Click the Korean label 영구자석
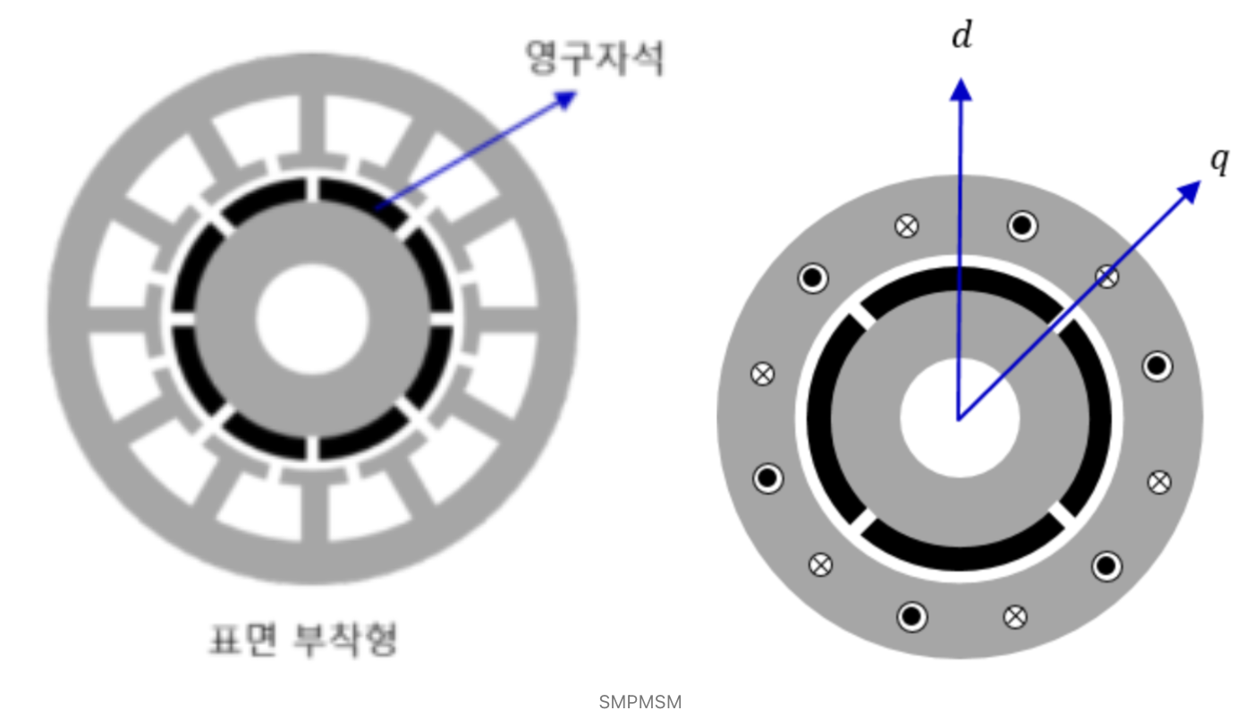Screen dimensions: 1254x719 (595, 57)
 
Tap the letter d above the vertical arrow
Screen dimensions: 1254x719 (962, 35)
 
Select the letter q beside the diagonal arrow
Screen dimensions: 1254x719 (1220, 162)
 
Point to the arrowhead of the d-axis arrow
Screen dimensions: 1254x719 (961, 89)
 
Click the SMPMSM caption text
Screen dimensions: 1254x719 (640, 702)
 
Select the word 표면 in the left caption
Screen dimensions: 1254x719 (243, 639)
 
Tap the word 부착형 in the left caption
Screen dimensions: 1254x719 (345, 639)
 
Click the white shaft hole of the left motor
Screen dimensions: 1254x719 (312, 319)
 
